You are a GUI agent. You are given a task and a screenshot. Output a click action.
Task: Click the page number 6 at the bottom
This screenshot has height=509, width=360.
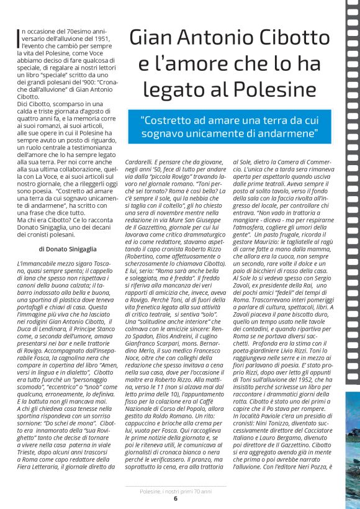[x=176, y=498]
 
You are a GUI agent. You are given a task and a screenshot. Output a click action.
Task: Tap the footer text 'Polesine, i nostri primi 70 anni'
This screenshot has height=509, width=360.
[x=176, y=490]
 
